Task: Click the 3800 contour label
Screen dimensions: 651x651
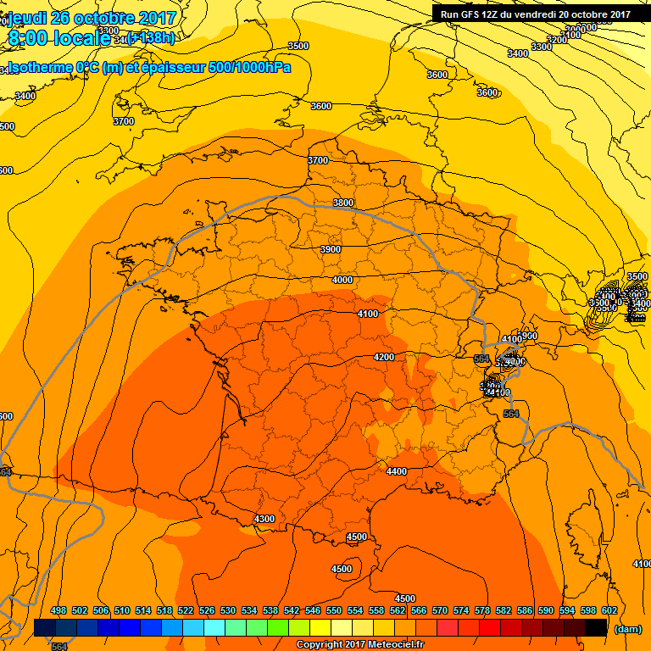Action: coord(343,203)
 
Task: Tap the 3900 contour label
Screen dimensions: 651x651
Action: coord(331,249)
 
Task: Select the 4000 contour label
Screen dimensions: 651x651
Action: coord(342,280)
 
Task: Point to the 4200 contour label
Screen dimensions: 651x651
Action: coord(384,357)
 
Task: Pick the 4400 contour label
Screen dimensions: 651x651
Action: coord(396,471)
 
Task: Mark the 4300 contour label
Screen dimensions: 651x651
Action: coord(264,519)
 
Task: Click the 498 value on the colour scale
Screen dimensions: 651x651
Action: coord(58,610)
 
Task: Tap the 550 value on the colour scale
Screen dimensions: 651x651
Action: coord(333,610)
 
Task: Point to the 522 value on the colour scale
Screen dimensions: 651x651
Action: coord(185,610)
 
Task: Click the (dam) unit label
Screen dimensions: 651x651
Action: coord(626,629)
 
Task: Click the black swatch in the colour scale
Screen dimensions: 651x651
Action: coord(596,627)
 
